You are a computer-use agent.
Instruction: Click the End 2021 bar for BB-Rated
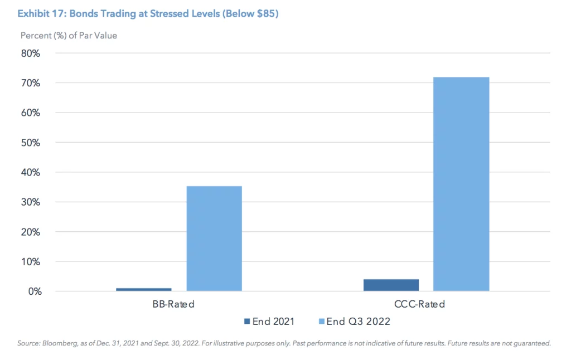pyautogui.click(x=144, y=289)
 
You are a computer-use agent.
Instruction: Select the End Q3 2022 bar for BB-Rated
pyautogui.click(x=214, y=239)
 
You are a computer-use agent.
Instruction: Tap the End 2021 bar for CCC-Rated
pyautogui.click(x=391, y=285)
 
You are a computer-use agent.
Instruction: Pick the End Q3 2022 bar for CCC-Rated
pyautogui.click(x=461, y=184)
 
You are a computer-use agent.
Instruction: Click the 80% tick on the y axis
pyautogui.click(x=31, y=53)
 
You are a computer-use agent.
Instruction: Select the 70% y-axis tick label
pyautogui.click(x=31, y=83)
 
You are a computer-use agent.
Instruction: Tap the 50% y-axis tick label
pyautogui.click(x=31, y=143)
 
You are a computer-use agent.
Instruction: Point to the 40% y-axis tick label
pyautogui.click(x=31, y=172)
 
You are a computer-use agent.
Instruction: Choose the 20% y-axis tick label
pyautogui.click(x=31, y=232)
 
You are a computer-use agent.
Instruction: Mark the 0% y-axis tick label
pyautogui.click(x=33, y=291)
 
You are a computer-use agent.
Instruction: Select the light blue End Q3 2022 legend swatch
pyautogui.click(x=321, y=322)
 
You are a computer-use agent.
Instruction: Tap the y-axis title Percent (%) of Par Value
pyautogui.click(x=69, y=36)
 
